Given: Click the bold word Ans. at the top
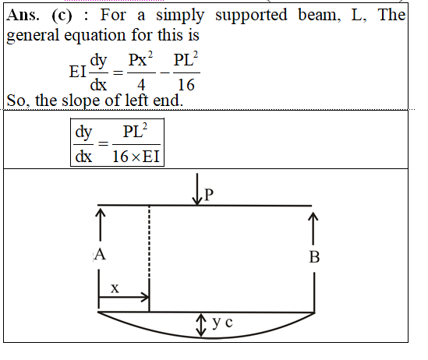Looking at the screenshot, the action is pyautogui.click(x=23, y=15).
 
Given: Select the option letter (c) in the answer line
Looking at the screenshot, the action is pyautogui.click(x=62, y=16).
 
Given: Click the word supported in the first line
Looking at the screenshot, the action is pyautogui.click(x=251, y=16).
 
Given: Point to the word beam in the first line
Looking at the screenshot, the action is pyautogui.click(x=319, y=15).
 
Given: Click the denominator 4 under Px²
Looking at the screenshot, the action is pyautogui.click(x=141, y=84).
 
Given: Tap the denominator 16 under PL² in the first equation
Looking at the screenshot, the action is pyautogui.click(x=186, y=84).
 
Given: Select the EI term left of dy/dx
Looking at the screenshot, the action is pyautogui.click(x=78, y=72).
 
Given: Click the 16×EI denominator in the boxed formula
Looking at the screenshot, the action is pyautogui.click(x=136, y=157).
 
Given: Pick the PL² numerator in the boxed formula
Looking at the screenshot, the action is pyautogui.click(x=135, y=131).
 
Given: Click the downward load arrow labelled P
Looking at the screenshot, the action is pyautogui.click(x=196, y=189).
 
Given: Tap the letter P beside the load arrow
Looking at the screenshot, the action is pyautogui.click(x=208, y=195).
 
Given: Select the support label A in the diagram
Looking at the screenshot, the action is pyautogui.click(x=100, y=255).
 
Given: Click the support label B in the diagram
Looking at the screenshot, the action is pyautogui.click(x=314, y=257).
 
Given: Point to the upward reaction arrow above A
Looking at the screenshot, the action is pyautogui.click(x=101, y=224).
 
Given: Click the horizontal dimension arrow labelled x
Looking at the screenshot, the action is pyautogui.click(x=124, y=297).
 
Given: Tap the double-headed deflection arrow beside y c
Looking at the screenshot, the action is pyautogui.click(x=201, y=325).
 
